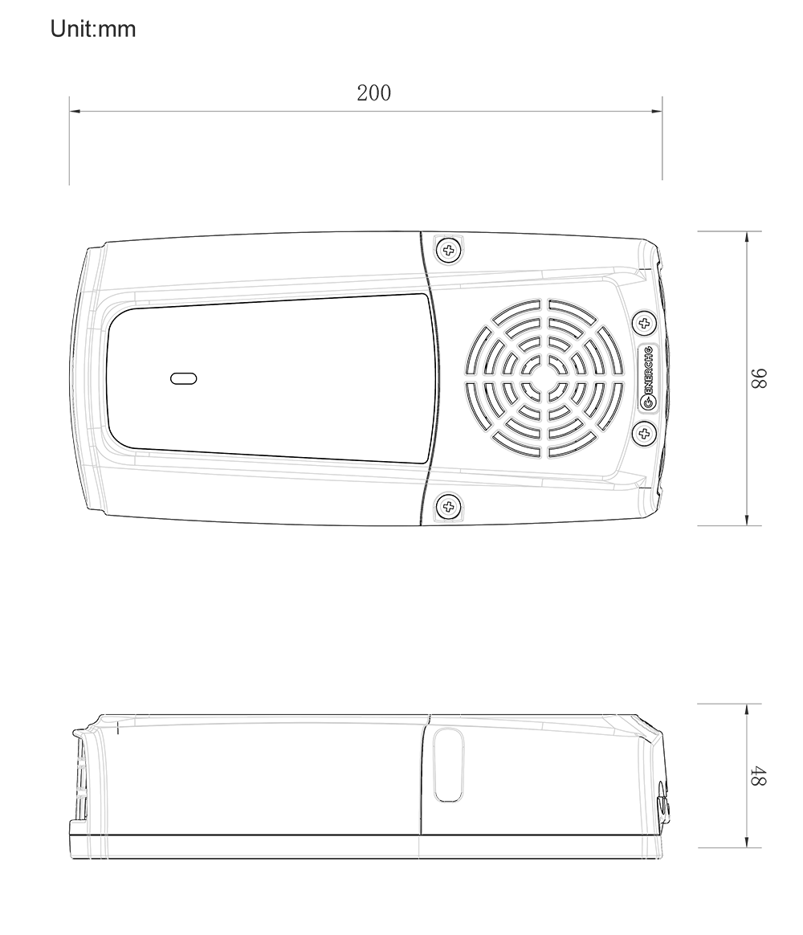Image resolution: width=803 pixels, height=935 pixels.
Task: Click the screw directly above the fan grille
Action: [448, 251]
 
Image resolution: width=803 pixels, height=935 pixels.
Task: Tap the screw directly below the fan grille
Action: [448, 506]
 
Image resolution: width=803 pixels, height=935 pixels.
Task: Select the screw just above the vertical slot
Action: [643, 323]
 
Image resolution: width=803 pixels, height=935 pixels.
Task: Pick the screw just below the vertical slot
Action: [643, 434]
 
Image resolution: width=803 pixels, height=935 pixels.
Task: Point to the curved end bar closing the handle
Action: [90, 378]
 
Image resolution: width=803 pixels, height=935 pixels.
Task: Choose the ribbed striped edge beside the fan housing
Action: [662, 378]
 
